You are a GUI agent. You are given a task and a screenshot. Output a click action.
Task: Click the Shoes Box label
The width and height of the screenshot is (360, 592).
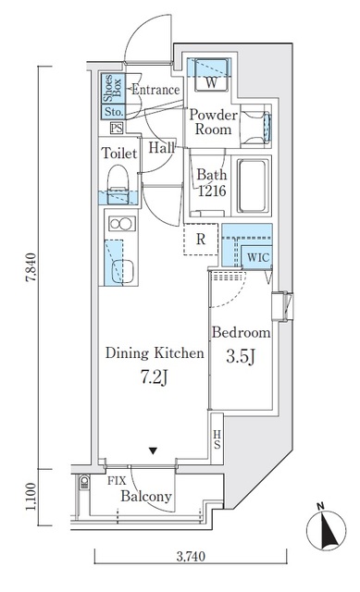[x=113, y=88]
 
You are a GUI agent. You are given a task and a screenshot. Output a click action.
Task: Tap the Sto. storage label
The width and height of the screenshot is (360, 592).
[x=114, y=112]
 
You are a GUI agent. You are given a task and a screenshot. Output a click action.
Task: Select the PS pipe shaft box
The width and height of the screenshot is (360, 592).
[x=117, y=129]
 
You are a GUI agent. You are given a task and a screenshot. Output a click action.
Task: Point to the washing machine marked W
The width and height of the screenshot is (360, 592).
[x=212, y=75]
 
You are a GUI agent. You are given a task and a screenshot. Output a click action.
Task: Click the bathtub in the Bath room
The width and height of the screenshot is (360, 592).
[x=254, y=186]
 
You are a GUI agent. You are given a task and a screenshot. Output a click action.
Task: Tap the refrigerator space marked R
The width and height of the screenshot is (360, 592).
[x=201, y=240]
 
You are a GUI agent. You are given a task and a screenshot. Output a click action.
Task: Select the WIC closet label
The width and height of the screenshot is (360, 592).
[x=258, y=257]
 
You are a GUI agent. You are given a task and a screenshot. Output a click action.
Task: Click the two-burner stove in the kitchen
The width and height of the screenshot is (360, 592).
[x=122, y=224]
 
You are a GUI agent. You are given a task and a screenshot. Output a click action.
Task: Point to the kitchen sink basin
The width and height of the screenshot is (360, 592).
[x=123, y=271]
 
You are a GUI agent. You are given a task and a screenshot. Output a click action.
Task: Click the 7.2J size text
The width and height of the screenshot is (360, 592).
[x=155, y=376]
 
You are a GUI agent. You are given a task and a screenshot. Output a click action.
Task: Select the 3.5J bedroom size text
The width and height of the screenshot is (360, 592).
[x=241, y=356]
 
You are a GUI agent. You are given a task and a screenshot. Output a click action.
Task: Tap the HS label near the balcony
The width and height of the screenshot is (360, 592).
[x=217, y=439]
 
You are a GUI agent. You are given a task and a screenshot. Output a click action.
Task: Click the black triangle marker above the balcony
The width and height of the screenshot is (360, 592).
[x=153, y=450]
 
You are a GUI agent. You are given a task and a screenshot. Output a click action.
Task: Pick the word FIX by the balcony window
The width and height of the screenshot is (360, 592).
[x=117, y=481]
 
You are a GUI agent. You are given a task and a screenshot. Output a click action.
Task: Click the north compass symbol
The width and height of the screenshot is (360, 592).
[x=326, y=528]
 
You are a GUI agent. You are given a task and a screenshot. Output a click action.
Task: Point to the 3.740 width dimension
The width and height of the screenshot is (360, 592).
[x=192, y=556]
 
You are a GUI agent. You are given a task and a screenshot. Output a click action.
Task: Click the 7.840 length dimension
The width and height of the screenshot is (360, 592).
[x=31, y=267]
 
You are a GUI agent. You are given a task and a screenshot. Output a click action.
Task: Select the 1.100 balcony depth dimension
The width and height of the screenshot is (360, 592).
[x=31, y=496]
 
